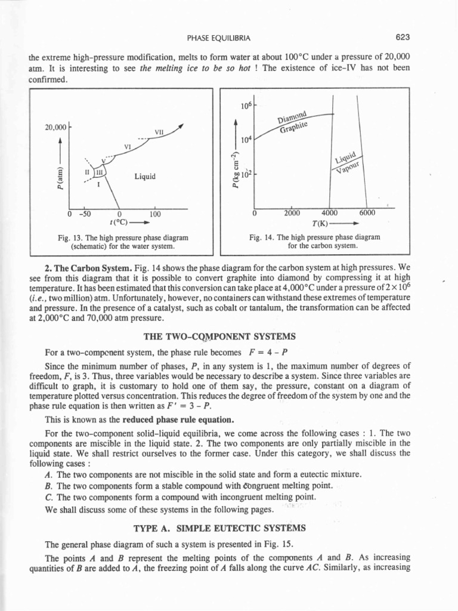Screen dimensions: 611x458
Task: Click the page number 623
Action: pyautogui.click(x=402, y=38)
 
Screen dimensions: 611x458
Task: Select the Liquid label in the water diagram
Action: pyautogui.click(x=145, y=176)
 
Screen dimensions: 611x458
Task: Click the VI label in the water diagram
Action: pyautogui.click(x=127, y=146)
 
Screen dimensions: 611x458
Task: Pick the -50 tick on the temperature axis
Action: pyautogui.click(x=85, y=214)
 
